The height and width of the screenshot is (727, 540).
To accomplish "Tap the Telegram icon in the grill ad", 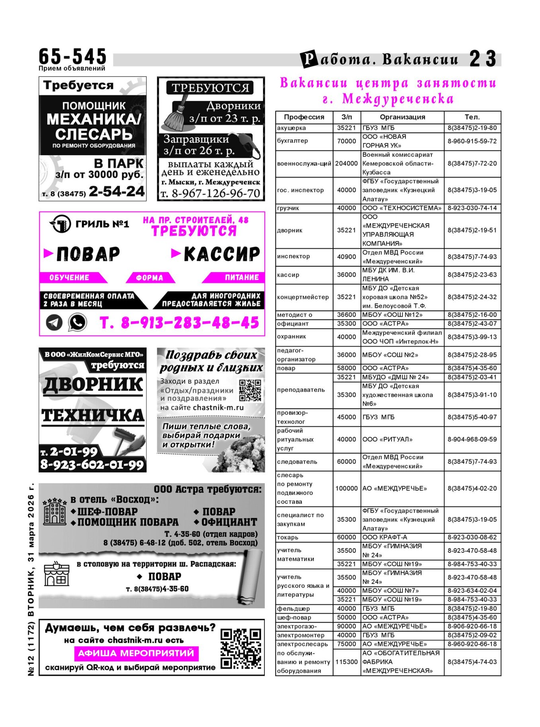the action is coord(54,322).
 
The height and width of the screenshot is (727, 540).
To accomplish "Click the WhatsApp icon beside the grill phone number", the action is coord(77,322).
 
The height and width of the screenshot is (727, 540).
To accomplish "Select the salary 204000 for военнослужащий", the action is coord(346,163).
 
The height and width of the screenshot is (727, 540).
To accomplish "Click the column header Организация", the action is coord(402,117).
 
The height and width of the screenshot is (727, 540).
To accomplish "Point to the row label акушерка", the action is coord(292,128).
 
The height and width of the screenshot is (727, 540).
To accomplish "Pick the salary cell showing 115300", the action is coord(346,662).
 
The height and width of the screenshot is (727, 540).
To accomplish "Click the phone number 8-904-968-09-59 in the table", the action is coord(472,439).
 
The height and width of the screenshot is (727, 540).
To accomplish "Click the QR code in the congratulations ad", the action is coord(250,390).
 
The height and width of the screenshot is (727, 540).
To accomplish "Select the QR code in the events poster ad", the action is coord(241,648).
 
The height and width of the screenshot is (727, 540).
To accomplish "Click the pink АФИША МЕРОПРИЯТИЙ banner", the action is coord(136,653).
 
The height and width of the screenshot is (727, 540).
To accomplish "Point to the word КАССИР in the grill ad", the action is coord(221,254).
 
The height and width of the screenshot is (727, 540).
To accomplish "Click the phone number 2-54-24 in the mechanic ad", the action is coord(116,192).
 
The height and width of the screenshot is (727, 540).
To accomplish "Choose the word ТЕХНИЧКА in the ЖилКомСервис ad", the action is coord(93,415).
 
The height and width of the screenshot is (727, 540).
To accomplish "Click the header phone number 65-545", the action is coord(72,56).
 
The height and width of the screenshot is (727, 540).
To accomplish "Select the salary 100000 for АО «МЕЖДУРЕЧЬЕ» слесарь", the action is coord(346,488).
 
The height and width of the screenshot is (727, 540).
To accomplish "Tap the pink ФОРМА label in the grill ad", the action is coord(150,278).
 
